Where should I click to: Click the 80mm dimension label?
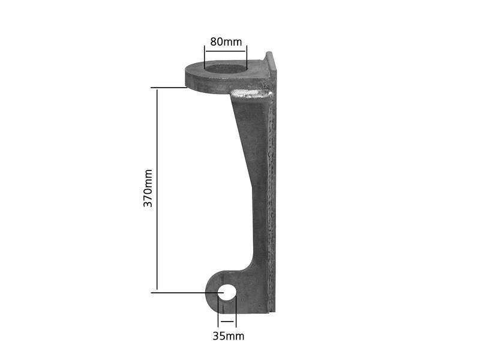pyautogui.click(x=226, y=42)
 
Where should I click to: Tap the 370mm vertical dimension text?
pyautogui.click(x=148, y=188)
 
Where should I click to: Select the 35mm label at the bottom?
pyautogui.click(x=228, y=336)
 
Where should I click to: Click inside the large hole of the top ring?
pyautogui.click(x=226, y=68)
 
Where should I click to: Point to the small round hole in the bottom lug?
pyautogui.click(x=228, y=292)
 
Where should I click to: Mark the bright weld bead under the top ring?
pyautogui.click(x=252, y=94)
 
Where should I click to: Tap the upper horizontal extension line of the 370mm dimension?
pyautogui.click(x=169, y=88)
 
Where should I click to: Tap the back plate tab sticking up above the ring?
pyautogui.click(x=270, y=60)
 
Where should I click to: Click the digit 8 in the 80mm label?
pyautogui.click(x=213, y=42)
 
